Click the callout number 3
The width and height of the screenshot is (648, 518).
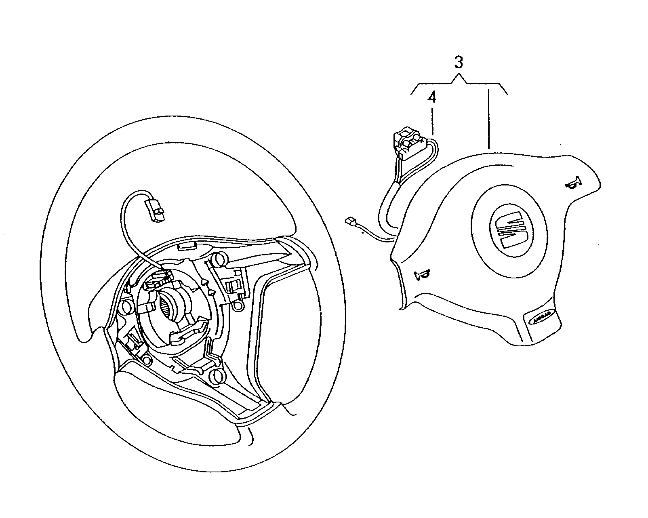coord(459,63)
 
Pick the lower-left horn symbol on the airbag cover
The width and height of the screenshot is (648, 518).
coord(422,275)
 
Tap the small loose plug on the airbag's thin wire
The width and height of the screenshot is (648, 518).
coord(350,221)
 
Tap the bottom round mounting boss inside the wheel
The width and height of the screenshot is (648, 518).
coord(219,375)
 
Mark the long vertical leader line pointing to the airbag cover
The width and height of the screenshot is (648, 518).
coord(489,117)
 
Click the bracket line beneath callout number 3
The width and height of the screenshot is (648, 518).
coord(459,83)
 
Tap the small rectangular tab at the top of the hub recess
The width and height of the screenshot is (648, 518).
coord(187,246)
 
